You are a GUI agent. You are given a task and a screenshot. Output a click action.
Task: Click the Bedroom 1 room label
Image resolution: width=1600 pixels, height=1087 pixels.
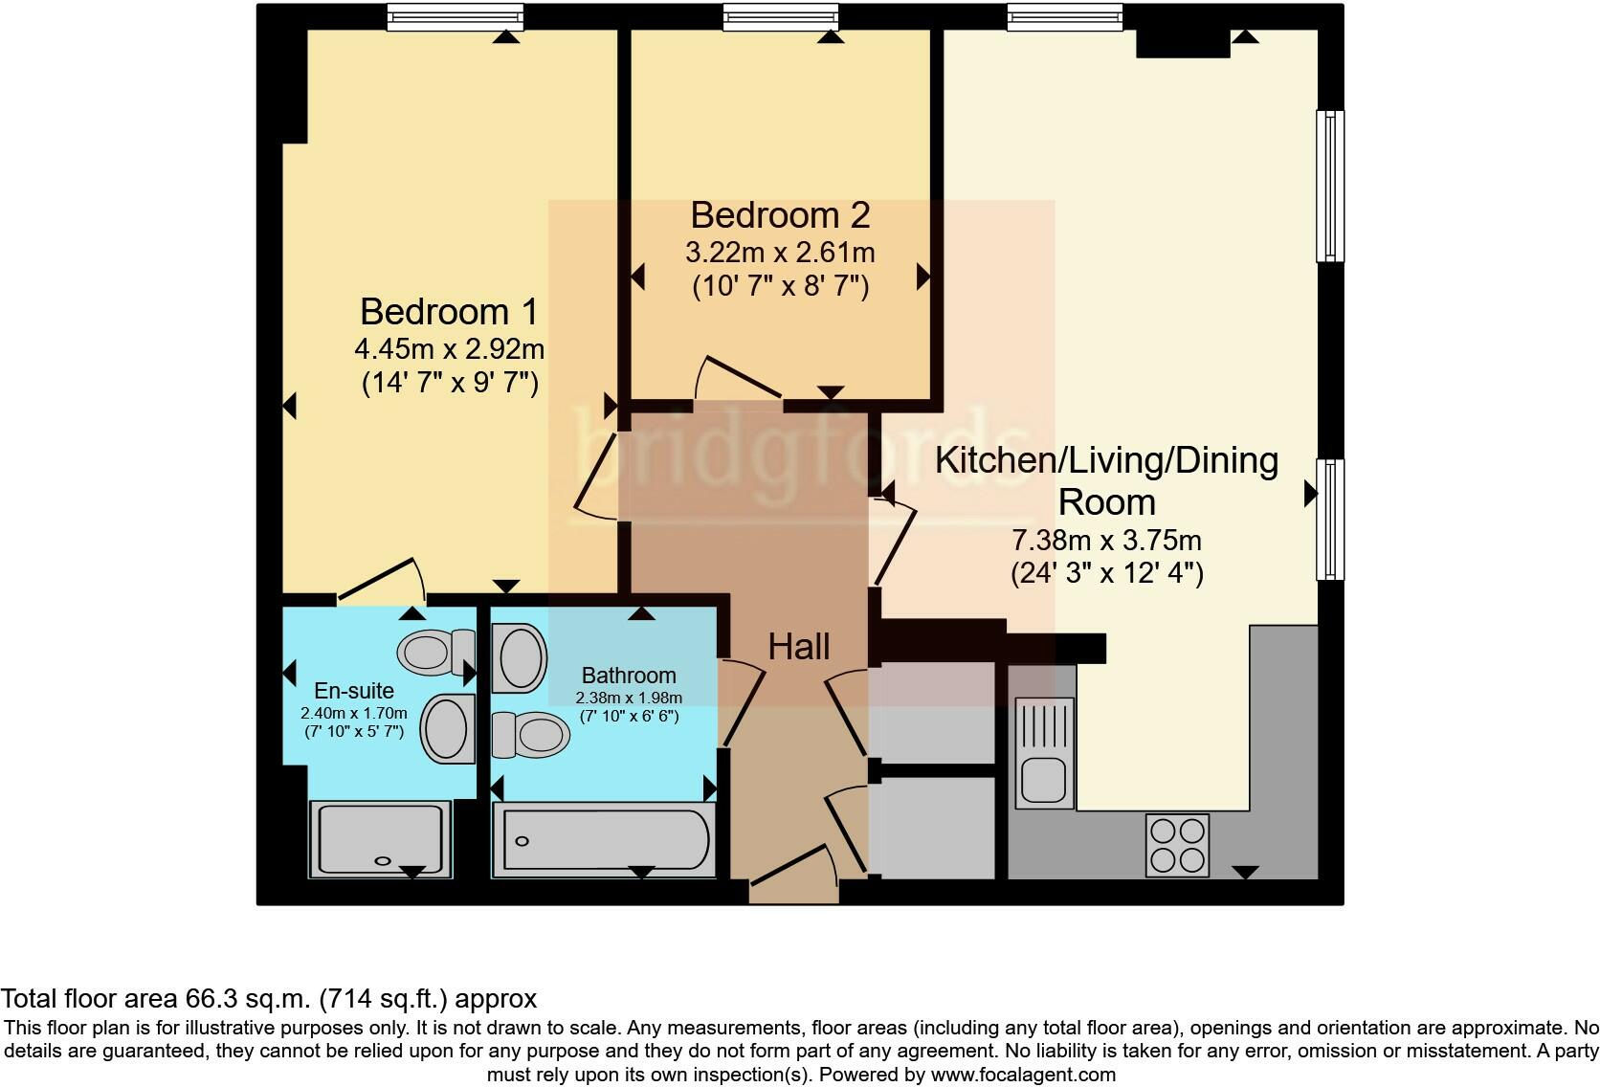(449, 312)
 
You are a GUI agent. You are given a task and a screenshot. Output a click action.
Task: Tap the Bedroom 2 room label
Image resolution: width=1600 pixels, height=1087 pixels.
(780, 215)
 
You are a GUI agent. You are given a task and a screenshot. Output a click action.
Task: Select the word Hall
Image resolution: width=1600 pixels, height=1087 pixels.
(798, 647)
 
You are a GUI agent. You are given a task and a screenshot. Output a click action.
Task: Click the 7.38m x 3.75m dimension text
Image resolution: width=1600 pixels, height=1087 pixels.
(1106, 541)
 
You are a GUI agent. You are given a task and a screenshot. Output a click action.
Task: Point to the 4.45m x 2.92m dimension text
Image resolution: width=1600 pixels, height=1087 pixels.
(449, 348)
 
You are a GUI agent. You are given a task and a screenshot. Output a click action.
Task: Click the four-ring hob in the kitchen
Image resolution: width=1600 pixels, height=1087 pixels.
(1177, 845)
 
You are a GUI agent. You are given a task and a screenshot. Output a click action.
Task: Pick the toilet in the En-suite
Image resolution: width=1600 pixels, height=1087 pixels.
(435, 652)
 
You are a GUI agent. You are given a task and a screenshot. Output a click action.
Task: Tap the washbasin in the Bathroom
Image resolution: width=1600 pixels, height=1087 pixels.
(520, 657)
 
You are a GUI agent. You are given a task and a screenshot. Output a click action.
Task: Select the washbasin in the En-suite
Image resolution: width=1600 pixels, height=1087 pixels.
(447, 729)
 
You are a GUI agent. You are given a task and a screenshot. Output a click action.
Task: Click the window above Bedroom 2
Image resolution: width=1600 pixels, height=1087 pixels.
(780, 16)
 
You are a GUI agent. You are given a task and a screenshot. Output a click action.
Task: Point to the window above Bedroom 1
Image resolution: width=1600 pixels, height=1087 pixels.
(455, 16)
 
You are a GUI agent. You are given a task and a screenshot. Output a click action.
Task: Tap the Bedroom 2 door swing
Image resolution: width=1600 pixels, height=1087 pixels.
(739, 378)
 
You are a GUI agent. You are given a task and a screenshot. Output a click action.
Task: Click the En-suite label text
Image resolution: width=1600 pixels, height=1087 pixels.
(354, 691)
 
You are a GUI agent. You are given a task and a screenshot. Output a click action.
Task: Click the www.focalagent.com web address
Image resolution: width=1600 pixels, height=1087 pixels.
(1023, 1075)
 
